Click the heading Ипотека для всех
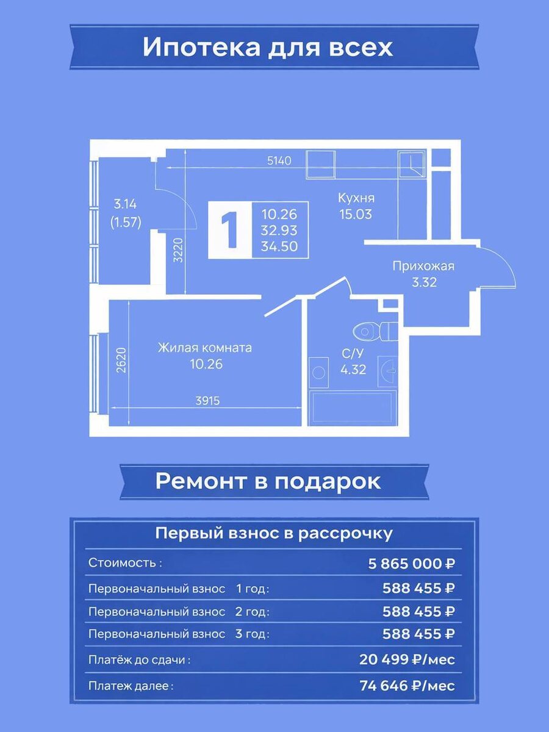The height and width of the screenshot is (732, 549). tap(268, 48)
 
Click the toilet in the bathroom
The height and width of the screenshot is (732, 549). tap(375, 331)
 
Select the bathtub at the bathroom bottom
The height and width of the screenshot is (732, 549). tap(353, 407)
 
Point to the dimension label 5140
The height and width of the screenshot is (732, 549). tap(279, 161)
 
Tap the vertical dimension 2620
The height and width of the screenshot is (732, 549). tap(122, 360)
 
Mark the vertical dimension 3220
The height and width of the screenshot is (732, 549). tap(179, 249)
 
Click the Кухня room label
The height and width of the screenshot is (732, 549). tap(356, 198)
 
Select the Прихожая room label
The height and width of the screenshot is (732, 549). tap(423, 266)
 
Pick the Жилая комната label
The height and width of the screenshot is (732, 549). tap(205, 348)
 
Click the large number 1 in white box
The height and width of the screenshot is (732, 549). tap(231, 231)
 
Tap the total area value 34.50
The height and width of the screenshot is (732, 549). tap(279, 246)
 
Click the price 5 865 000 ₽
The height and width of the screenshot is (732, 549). tap(411, 564)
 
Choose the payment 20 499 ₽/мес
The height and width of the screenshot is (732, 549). tap(407, 659)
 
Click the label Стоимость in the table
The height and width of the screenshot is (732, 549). tap(125, 563)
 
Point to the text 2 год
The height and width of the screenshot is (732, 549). tap(253, 612)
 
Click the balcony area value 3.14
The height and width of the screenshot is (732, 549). tap(125, 204)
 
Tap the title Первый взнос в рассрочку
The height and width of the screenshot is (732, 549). tap(274, 534)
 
